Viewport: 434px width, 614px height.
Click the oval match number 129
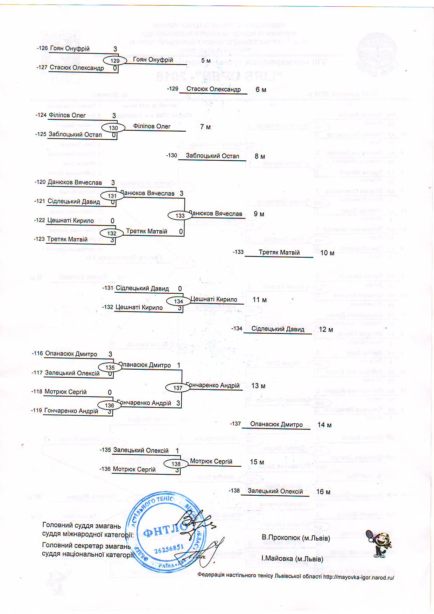click(115, 61)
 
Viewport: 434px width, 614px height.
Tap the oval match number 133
click(180, 216)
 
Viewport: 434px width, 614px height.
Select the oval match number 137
click(178, 388)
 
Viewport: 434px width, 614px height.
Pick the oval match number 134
click(178, 301)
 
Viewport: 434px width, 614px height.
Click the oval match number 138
click(176, 464)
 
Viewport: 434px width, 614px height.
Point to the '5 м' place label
click(206, 61)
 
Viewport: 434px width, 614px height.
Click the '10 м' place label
click(327, 253)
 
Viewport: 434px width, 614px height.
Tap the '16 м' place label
click(323, 492)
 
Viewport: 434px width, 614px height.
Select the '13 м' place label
click(258, 386)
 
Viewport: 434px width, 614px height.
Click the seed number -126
click(42, 48)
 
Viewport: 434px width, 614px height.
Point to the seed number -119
click(37, 410)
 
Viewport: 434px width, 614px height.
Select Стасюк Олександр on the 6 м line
click(213, 89)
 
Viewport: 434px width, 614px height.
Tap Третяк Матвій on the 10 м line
click(279, 252)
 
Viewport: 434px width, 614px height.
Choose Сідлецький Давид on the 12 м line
click(278, 329)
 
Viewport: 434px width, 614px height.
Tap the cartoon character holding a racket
click(380, 543)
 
